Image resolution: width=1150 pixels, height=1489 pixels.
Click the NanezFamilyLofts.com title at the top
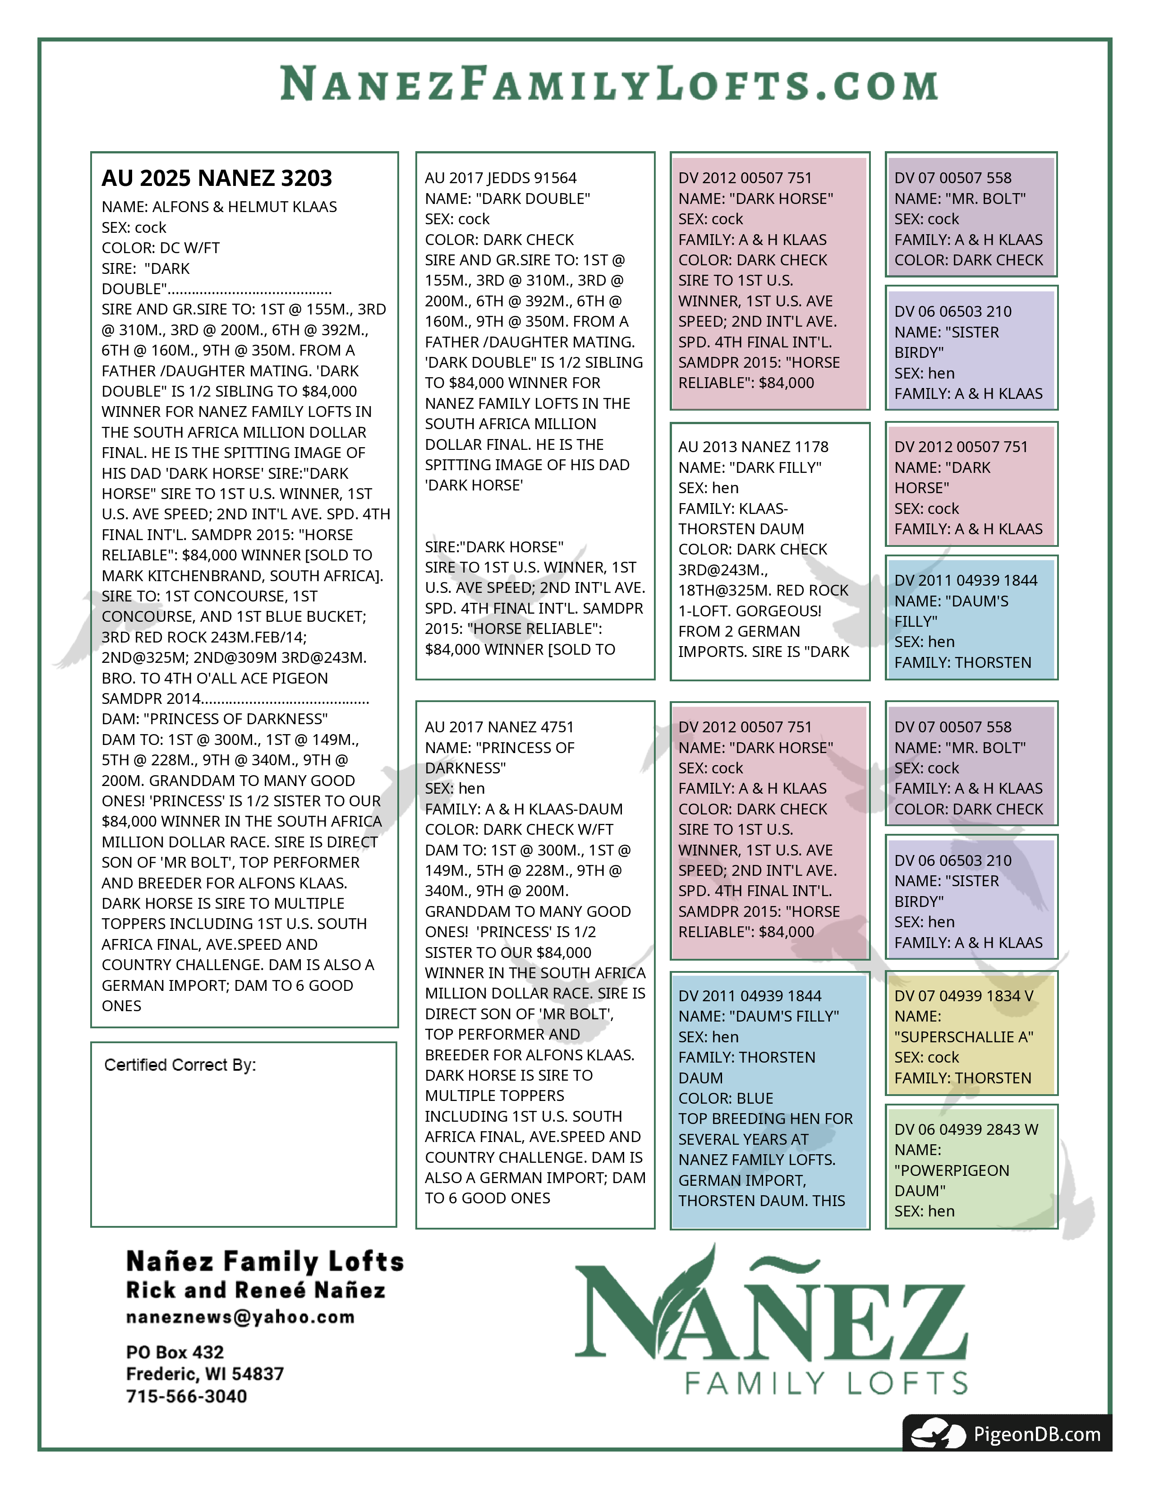609,84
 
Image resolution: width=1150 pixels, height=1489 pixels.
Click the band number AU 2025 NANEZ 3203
216,179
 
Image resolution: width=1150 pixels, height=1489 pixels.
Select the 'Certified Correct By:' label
180,1065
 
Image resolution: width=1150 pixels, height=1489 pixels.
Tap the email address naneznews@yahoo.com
240,1317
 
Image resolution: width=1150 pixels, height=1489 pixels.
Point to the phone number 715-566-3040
187,1397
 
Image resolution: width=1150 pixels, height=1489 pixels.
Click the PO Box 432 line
175,1352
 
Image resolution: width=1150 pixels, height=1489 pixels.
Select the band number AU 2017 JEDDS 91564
501,178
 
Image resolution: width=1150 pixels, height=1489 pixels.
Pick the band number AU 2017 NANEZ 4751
499,727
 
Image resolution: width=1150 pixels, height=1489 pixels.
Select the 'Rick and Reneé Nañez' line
256,1290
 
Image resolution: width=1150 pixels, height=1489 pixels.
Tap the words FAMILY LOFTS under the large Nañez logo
826,1383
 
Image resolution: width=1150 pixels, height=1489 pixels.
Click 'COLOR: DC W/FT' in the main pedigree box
161,248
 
